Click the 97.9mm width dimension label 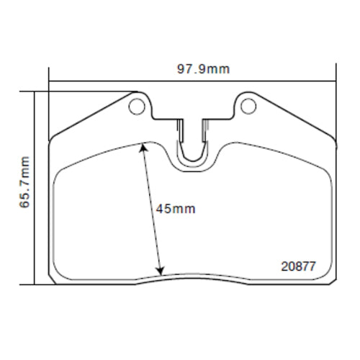pos(204,69)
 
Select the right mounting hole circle pos(248,107)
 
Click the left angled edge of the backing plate pos(90,114)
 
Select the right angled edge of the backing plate pos(295,114)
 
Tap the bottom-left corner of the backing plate pos(52,279)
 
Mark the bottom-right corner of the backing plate pos(333,279)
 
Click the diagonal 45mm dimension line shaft pos(152,209)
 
